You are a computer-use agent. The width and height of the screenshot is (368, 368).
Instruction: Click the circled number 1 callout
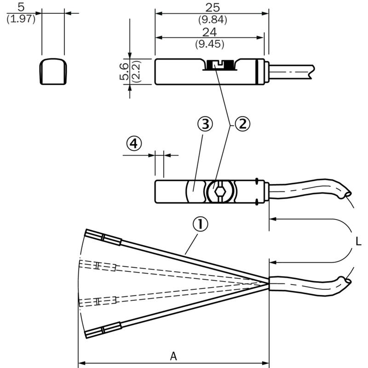point(200,224)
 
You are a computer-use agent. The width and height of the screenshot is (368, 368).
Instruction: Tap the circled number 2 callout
point(243,124)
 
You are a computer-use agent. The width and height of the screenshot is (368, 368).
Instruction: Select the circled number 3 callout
point(205,124)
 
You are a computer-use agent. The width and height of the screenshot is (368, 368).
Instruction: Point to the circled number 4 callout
point(134,143)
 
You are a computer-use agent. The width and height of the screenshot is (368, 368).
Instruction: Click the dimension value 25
point(213,8)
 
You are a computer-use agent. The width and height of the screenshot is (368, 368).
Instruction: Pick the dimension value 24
point(209,32)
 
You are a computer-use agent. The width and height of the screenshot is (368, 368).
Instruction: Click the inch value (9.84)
point(213,20)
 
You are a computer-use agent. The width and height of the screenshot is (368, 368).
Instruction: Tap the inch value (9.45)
point(210,44)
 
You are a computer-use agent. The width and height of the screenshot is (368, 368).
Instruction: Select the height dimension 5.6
point(124,71)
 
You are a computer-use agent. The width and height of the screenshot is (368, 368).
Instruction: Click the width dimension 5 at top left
point(21,7)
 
